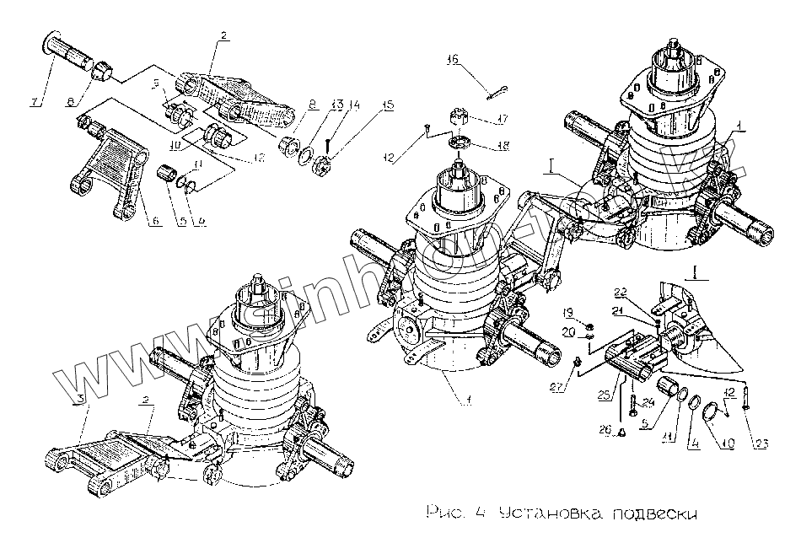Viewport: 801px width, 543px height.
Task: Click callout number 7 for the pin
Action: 35,103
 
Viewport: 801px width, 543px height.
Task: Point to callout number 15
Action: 388,105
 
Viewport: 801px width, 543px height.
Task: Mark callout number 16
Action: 453,59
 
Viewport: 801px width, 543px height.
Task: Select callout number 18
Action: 503,146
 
